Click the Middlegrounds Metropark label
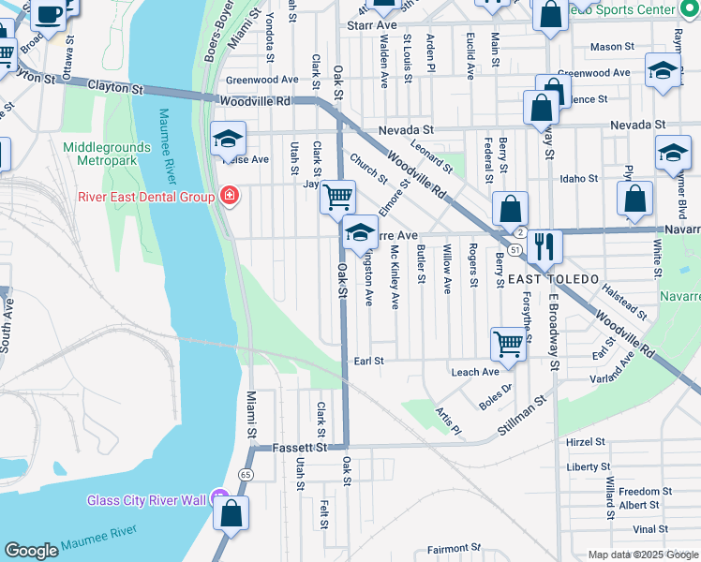tap(100, 155)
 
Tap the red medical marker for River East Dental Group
tap(228, 195)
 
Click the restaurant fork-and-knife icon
tap(544, 246)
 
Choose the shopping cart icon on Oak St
tap(337, 198)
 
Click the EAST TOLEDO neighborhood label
tap(555, 280)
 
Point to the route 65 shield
tap(246, 475)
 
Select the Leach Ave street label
tap(475, 372)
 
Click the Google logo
tap(32, 551)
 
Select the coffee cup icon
tap(49, 13)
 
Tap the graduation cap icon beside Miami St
tap(227, 140)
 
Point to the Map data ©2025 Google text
tap(642, 555)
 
